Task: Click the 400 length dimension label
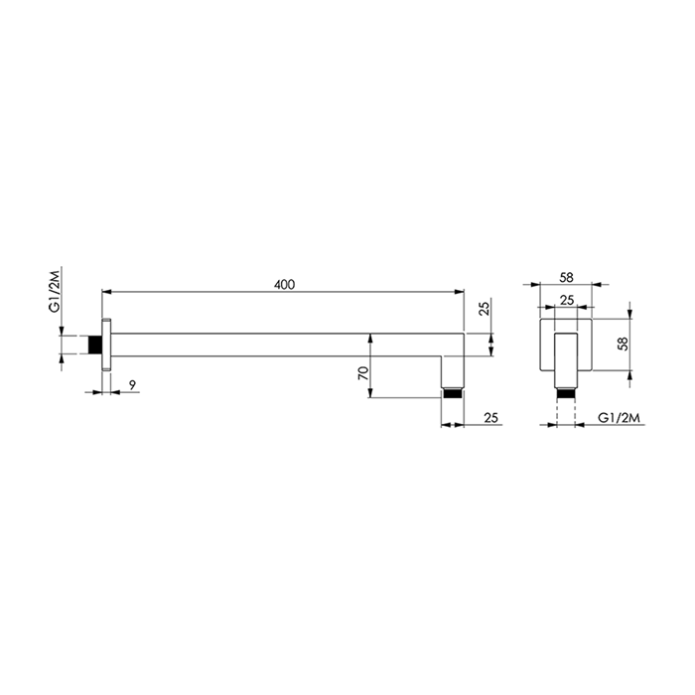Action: click(284, 285)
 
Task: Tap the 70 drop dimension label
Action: click(363, 373)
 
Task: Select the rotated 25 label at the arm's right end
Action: click(486, 309)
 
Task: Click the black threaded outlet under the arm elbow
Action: click(453, 392)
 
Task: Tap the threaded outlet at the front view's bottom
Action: click(565, 392)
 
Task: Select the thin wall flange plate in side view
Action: click(106, 345)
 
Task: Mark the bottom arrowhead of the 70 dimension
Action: click(370, 395)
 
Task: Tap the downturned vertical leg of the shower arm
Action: click(453, 370)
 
